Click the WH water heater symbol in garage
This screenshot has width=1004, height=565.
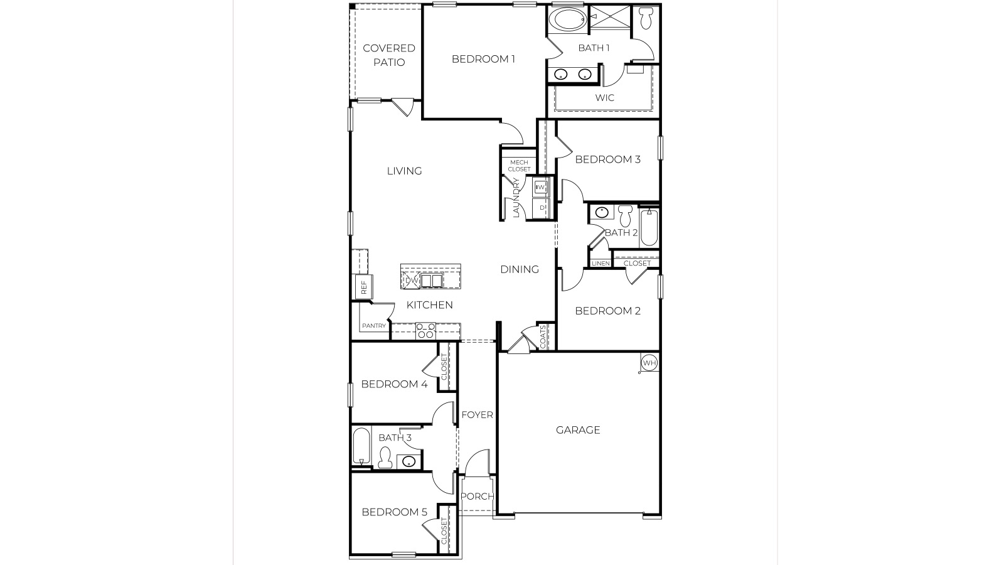click(649, 363)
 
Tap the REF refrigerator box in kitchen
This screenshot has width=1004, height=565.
click(363, 286)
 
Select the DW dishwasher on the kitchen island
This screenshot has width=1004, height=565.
click(412, 280)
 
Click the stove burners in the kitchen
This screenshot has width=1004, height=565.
click(425, 331)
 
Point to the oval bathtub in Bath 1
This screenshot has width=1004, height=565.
click(567, 20)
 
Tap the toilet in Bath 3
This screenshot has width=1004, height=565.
click(385, 457)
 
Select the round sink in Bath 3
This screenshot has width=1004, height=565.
click(409, 463)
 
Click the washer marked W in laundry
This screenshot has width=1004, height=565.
click(541, 187)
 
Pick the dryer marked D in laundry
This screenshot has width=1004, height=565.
click(541, 207)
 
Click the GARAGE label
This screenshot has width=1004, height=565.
click(578, 430)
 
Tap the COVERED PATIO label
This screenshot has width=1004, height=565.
click(389, 55)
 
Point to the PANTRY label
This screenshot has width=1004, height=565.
click(373, 326)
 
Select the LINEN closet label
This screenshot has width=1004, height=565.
click(601, 263)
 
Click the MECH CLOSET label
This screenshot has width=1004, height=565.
click(520, 166)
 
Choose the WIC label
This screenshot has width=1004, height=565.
click(605, 98)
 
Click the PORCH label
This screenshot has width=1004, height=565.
click(477, 496)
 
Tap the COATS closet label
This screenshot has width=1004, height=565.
click(543, 336)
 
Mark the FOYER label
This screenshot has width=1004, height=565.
click(477, 415)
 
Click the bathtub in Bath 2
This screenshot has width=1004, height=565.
click(649, 227)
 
